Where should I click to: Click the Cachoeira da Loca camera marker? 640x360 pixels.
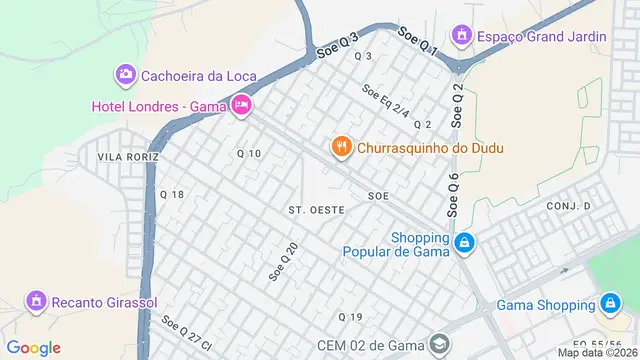(125, 74)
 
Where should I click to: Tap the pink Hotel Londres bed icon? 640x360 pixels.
(241, 105)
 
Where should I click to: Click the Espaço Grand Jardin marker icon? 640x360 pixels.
(462, 37)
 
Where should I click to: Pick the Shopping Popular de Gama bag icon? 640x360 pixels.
(464, 243)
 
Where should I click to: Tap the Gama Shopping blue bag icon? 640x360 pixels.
(610, 303)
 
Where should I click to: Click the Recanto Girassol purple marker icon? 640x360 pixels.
(36, 300)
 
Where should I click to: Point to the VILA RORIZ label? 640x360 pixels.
(127, 157)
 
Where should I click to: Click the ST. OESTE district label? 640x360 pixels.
(316, 210)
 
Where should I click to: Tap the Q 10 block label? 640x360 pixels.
(248, 153)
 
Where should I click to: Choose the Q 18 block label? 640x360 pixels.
(171, 194)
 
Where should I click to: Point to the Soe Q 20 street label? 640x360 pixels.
(284, 260)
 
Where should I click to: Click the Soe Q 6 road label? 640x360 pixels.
(453, 195)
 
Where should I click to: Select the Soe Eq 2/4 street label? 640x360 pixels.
(386, 101)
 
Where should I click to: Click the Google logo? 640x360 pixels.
(34, 347)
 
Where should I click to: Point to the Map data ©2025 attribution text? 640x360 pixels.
(597, 352)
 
